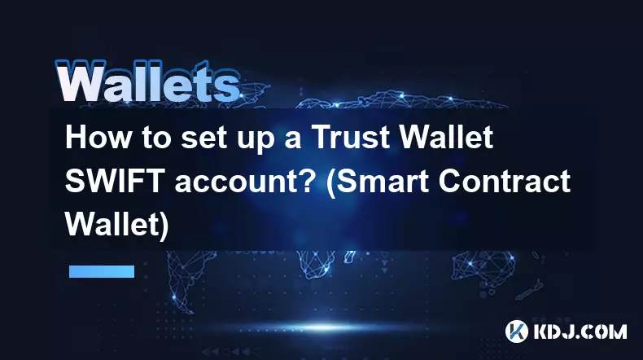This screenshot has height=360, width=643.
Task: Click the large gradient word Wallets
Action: (x=147, y=81)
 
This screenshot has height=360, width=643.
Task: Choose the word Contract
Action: (x=505, y=181)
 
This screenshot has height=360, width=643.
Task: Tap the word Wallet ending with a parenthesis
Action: (x=117, y=225)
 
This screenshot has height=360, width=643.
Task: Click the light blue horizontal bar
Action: (x=102, y=271)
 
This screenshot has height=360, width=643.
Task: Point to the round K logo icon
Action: (x=517, y=331)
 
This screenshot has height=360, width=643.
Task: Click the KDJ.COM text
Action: (x=580, y=331)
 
